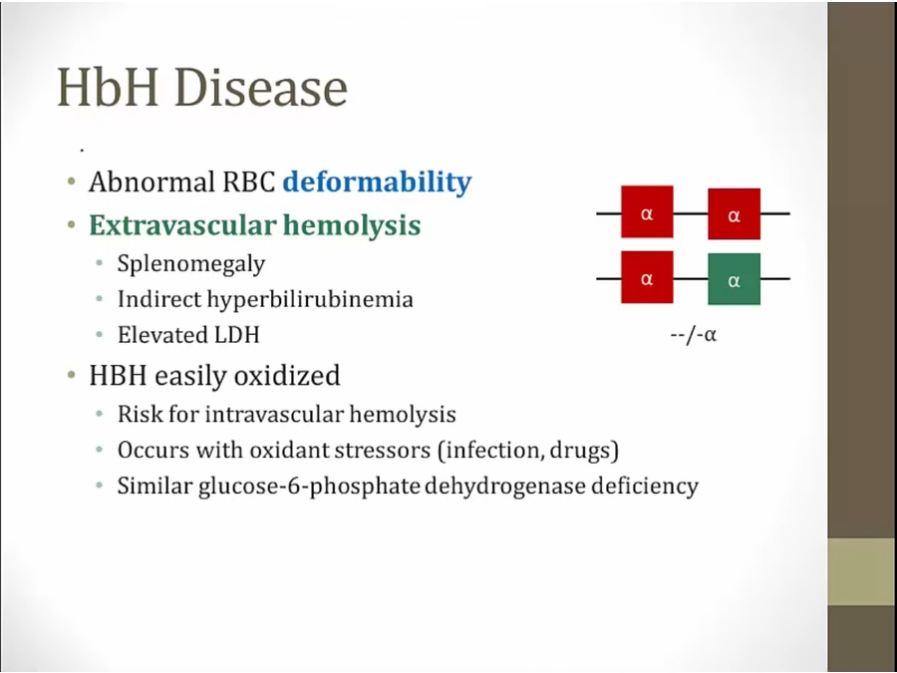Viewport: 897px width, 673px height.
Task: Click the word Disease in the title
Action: (x=261, y=88)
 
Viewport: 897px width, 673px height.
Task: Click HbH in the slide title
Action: (x=108, y=88)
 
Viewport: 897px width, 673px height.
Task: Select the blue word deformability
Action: (x=378, y=182)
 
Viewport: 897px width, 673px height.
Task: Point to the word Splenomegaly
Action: (x=191, y=264)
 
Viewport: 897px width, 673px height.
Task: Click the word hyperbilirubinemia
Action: (x=310, y=299)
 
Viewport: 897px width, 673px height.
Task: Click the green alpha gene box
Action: (x=734, y=279)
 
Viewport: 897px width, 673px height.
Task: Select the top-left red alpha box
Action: (x=647, y=211)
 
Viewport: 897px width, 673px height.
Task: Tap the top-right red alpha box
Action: (x=734, y=213)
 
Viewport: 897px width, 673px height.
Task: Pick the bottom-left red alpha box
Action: (x=647, y=277)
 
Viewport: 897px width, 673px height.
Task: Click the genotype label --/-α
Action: (x=694, y=334)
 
